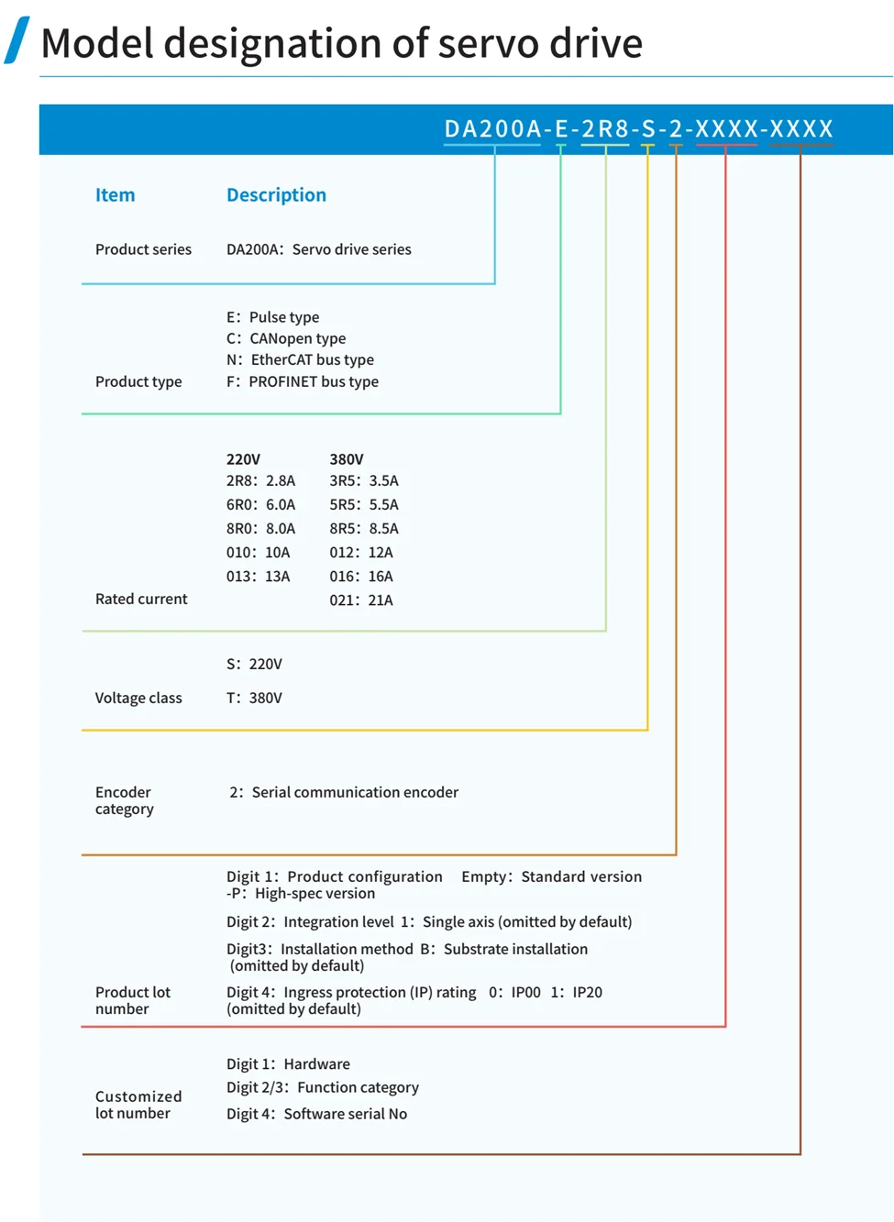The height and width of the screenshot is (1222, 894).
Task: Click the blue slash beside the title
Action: pyautogui.click(x=17, y=40)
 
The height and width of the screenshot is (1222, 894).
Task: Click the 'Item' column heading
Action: pyautogui.click(x=115, y=195)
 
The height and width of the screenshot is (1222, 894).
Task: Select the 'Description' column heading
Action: pyautogui.click(x=276, y=195)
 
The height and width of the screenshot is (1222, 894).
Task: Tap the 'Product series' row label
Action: pyautogui.click(x=143, y=249)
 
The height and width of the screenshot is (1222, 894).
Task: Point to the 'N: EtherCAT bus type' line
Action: pyautogui.click(x=300, y=360)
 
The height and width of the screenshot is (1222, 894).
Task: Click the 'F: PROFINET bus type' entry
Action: pyautogui.click(x=302, y=381)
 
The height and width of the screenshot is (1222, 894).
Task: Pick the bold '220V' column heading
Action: pyautogui.click(x=243, y=459)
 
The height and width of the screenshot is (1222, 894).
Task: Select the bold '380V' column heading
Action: pyautogui.click(x=347, y=459)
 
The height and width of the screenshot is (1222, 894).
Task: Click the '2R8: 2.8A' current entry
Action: pyautogui.click(x=260, y=480)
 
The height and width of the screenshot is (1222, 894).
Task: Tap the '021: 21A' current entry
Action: pyautogui.click(x=361, y=600)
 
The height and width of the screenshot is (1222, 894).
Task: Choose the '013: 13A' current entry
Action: pyautogui.click(x=258, y=577)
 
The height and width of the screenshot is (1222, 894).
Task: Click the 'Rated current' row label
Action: pyautogui.click(x=141, y=599)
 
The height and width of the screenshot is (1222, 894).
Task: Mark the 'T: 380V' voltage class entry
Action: pyautogui.click(x=254, y=698)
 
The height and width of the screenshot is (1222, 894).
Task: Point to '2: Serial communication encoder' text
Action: pyautogui.click(x=344, y=792)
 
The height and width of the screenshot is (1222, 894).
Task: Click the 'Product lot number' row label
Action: pyautogui.click(x=133, y=1000)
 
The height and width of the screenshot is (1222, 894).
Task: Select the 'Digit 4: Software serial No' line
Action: pyautogui.click(x=316, y=1114)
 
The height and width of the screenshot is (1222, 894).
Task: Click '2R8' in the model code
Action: pyautogui.click(x=605, y=129)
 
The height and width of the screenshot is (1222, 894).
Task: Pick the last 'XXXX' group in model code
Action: pyautogui.click(x=801, y=129)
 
